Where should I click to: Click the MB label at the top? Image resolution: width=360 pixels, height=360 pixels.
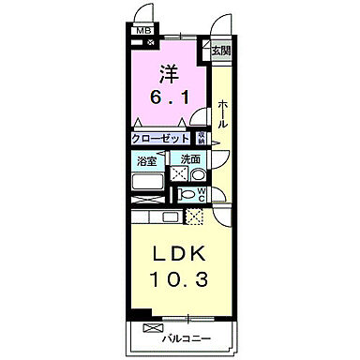(144, 31)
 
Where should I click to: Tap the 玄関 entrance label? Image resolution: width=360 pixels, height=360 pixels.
(218, 51)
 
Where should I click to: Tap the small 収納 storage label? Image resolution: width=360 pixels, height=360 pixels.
(201, 138)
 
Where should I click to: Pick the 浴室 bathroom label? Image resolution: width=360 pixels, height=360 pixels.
(146, 159)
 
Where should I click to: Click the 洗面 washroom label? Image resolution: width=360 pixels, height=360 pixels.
(191, 159)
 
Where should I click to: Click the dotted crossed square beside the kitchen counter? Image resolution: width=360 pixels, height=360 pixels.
(194, 217)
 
